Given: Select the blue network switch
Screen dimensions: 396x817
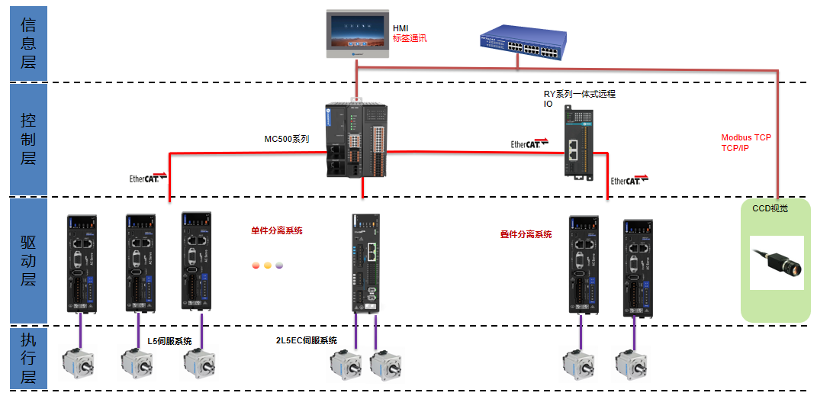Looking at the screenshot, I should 523,44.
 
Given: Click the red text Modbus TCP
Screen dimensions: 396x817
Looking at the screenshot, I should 746,138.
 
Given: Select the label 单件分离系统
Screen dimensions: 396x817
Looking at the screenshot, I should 277,230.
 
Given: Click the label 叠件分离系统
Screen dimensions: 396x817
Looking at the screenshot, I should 526,234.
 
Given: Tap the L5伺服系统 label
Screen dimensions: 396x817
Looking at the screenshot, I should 169,341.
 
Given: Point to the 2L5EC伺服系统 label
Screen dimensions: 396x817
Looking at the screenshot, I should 307,340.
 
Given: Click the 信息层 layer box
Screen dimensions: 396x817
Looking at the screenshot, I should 28,43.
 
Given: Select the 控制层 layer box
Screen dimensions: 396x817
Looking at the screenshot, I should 28,140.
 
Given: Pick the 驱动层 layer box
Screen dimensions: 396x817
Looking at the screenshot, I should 28,260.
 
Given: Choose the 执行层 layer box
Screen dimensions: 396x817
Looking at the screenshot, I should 28,357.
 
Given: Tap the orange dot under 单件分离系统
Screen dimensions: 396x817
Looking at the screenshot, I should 268,266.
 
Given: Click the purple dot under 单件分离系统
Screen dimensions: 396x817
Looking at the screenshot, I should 279,266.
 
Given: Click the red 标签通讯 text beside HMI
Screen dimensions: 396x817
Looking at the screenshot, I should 410,38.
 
